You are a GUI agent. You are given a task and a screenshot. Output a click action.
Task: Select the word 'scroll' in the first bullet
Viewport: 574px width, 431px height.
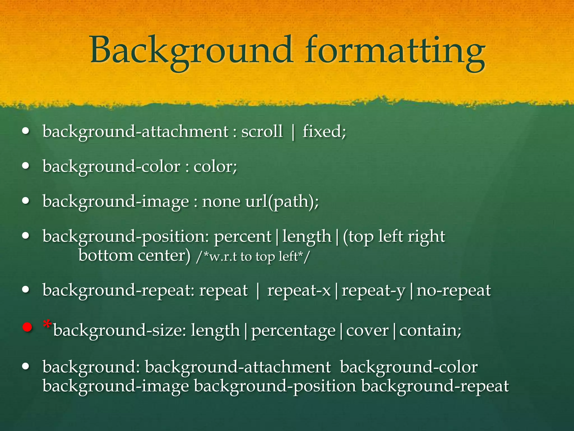(262, 131)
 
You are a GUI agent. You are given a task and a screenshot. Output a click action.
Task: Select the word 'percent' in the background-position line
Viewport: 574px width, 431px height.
(243, 237)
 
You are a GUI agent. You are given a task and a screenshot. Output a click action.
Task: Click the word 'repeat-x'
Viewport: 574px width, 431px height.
(299, 290)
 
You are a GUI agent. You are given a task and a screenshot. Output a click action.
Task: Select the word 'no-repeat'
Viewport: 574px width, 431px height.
(453, 290)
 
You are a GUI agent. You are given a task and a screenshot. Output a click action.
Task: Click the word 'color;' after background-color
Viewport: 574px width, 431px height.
(215, 166)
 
